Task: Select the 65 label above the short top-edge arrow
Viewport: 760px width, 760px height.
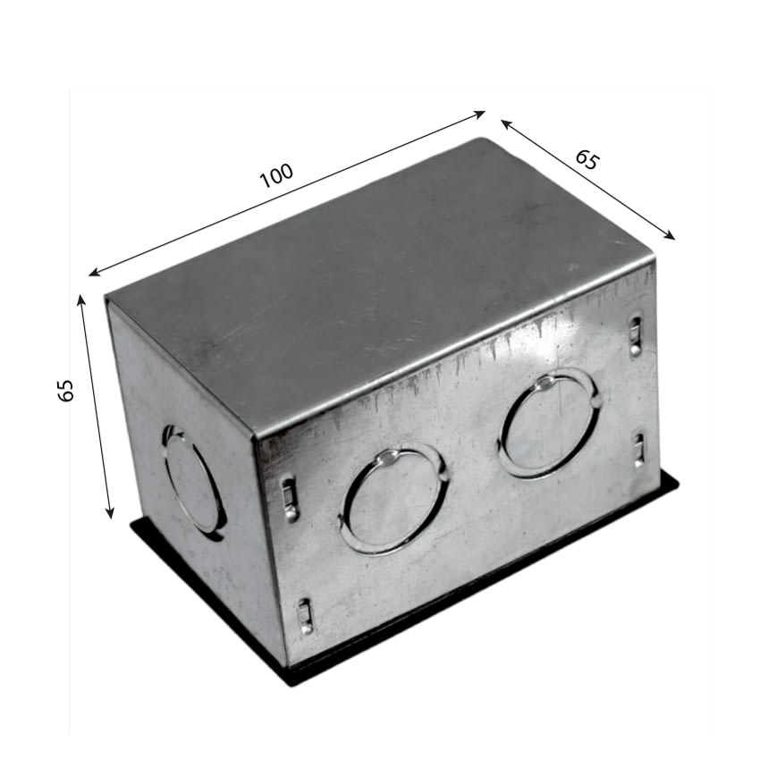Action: pos(587,160)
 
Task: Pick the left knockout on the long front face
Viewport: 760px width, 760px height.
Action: pos(393,501)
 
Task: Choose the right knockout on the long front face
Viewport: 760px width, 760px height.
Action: pos(549,425)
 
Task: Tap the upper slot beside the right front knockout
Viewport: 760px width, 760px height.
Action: pos(635,335)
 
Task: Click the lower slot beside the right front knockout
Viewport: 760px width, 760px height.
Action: pos(639,450)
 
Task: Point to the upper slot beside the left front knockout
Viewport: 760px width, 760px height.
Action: pos(289,499)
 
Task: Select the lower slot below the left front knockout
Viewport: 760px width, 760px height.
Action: pos(305,616)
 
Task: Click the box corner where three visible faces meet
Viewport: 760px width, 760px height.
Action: pos(256,437)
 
